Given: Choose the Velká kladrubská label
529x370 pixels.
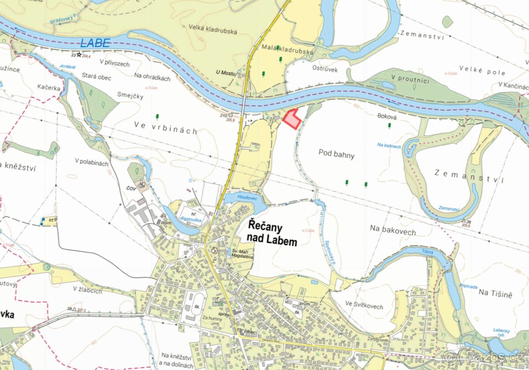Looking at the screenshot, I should coord(213,31).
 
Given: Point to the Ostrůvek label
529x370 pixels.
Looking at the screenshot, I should coord(325,68).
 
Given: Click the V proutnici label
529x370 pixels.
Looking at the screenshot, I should coord(413,78).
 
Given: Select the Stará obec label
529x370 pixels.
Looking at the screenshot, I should coord(97,77).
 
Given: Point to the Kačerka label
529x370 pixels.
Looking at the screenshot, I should coord(49,88).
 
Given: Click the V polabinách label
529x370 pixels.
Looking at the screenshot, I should coord(91,162).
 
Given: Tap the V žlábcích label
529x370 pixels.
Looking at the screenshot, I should coord(88,291).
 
